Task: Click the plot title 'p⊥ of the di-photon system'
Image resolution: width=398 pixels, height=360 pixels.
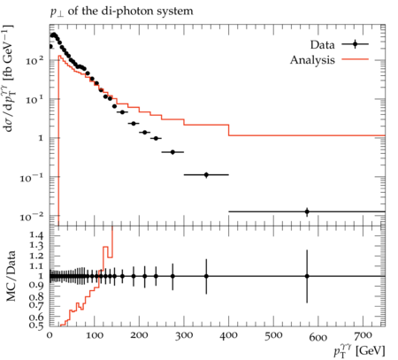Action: tap(121, 12)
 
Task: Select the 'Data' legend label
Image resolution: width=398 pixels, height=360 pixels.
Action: tap(322, 45)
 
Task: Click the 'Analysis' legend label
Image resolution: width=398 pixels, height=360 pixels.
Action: tap(312, 60)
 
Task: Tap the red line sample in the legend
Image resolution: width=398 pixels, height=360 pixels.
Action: tap(355, 59)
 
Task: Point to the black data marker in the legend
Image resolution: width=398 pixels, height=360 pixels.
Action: tap(355, 44)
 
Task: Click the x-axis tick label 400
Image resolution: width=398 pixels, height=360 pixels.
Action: tap(229, 335)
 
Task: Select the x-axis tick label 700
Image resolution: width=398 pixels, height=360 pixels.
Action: tap(363, 335)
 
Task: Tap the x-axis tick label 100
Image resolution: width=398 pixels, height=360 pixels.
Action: tap(95, 335)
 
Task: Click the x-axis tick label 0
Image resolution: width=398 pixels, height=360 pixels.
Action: tap(50, 335)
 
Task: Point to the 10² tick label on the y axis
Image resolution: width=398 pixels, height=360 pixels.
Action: tap(34, 60)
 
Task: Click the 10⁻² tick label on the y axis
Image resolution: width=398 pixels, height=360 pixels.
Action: tap(32, 217)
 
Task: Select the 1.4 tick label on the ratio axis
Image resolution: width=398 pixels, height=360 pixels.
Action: tap(37, 235)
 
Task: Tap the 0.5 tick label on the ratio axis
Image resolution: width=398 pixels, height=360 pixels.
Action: tap(37, 326)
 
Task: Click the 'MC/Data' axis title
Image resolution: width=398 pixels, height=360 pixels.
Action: tap(11, 276)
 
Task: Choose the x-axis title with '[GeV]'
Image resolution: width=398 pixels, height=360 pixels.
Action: tap(359, 351)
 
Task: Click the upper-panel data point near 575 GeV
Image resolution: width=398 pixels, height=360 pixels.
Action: tap(307, 211)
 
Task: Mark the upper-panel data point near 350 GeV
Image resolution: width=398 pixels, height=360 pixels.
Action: tap(206, 175)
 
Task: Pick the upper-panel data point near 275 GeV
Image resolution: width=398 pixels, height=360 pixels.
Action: tap(172, 152)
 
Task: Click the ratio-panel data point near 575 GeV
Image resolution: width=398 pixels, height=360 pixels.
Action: tap(307, 276)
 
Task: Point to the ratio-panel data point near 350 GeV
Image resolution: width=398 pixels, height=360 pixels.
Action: tap(206, 276)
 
